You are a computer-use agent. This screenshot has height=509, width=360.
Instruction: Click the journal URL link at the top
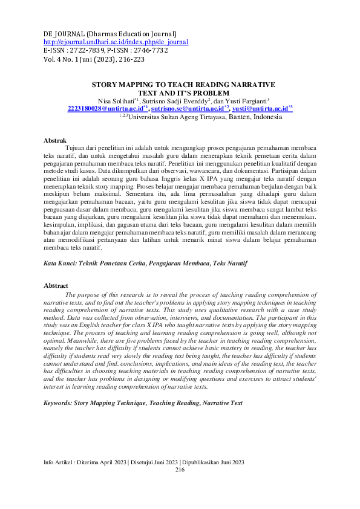116,42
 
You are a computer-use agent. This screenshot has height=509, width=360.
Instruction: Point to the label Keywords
57,402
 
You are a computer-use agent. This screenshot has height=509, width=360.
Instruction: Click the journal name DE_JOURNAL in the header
64,33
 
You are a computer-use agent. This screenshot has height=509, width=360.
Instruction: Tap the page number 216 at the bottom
180,470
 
